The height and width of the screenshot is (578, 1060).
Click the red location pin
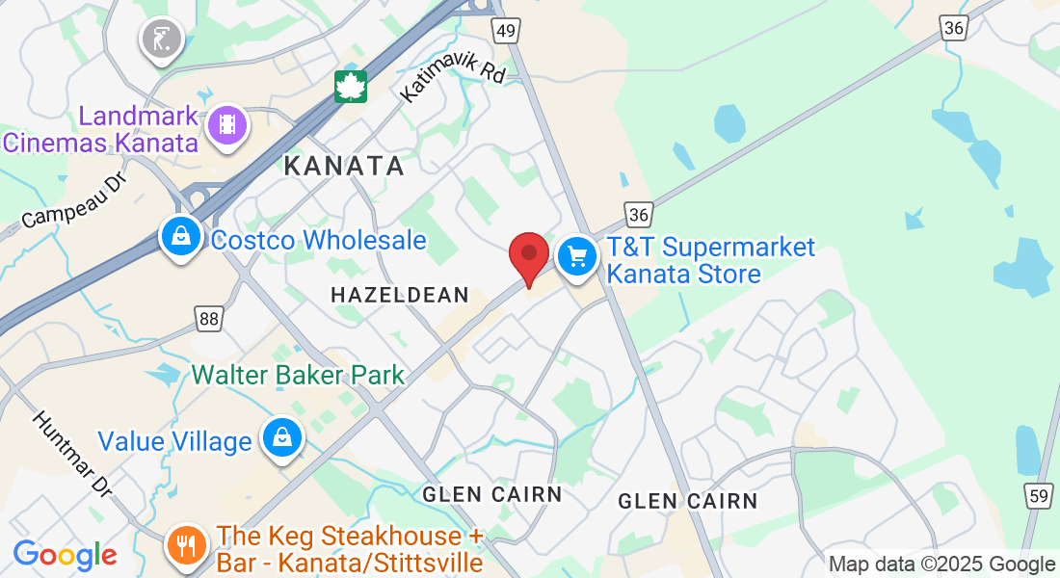pyautogui.click(x=528, y=255)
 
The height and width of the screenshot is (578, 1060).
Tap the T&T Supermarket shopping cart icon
pyautogui.click(x=577, y=256)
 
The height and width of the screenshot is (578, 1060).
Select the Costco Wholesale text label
pyautogui.click(x=318, y=240)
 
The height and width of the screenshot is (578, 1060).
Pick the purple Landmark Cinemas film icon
pyautogui.click(x=227, y=124)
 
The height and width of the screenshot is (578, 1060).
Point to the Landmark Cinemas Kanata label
pyautogui.click(x=100, y=130)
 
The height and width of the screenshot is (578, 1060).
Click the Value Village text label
pyautogui.click(x=174, y=442)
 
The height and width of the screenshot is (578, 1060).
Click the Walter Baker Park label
pyautogui.click(x=298, y=375)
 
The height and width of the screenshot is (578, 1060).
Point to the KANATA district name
pyautogui.click(x=344, y=166)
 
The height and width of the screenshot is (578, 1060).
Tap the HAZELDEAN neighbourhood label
pyautogui.click(x=399, y=296)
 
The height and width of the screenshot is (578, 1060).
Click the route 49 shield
pyautogui.click(x=507, y=31)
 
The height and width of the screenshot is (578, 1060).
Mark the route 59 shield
pyautogui.click(x=1037, y=497)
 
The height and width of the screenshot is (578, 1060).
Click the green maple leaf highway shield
pyautogui.click(x=350, y=87)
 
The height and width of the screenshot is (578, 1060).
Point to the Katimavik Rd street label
pyautogui.click(x=452, y=79)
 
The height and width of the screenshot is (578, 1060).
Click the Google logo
pyautogui.click(x=65, y=555)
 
